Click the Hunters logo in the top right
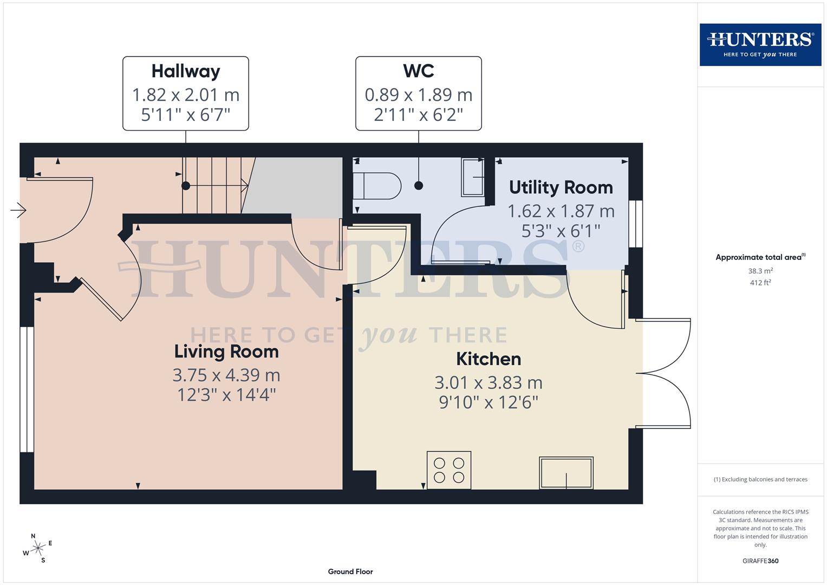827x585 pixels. click(x=760, y=44)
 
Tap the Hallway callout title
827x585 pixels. click(x=186, y=71)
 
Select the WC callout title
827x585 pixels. click(x=418, y=71)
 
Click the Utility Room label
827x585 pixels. click(x=561, y=187)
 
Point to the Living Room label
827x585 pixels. click(x=226, y=352)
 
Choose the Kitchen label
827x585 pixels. click(x=489, y=359)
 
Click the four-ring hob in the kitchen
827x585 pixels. click(x=449, y=470)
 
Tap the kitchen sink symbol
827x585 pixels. click(x=566, y=473)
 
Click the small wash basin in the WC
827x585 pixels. click(x=472, y=177)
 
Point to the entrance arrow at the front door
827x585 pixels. click(x=18, y=210)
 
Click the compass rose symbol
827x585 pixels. click(x=37, y=549)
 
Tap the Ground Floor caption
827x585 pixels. click(x=350, y=571)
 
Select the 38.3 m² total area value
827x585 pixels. click(x=760, y=271)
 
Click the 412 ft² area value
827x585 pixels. click(x=760, y=283)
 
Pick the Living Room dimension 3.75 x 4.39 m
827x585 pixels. click(x=226, y=375)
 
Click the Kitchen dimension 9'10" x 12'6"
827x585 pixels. click(x=489, y=402)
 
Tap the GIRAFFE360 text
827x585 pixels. click(x=760, y=561)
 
